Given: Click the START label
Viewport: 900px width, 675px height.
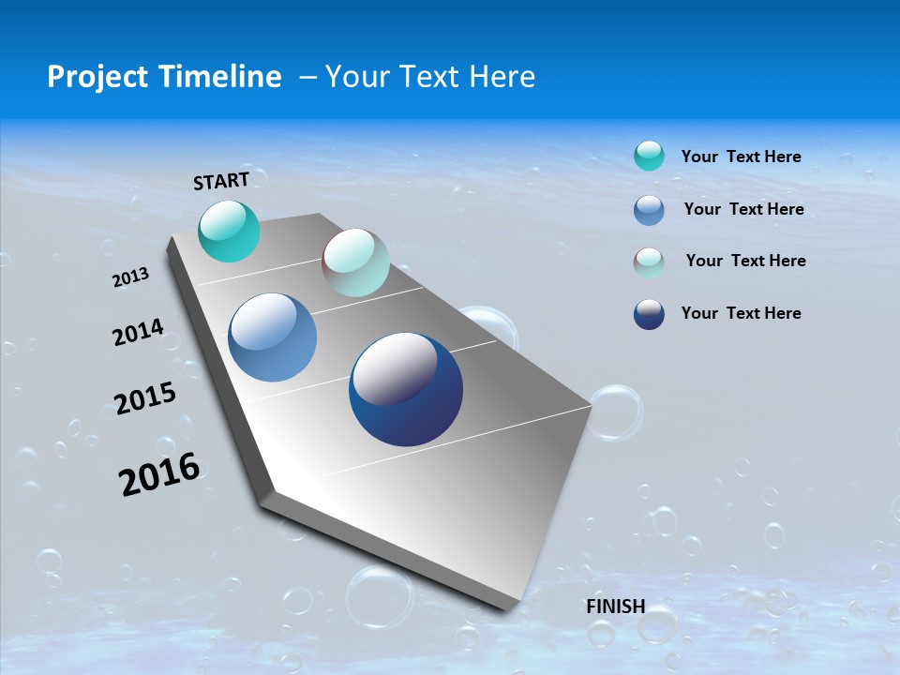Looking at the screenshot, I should pyautogui.click(x=221, y=181).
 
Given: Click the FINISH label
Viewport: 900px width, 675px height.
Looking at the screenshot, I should pyautogui.click(x=615, y=606).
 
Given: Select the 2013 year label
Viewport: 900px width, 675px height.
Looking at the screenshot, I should pyautogui.click(x=131, y=277).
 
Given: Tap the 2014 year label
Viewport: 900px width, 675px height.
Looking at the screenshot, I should pyautogui.click(x=138, y=332).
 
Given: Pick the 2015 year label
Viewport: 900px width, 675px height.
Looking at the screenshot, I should pyautogui.click(x=145, y=398).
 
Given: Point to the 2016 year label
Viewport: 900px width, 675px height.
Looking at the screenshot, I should pyautogui.click(x=159, y=474).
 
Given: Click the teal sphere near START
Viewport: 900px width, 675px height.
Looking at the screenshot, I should pyautogui.click(x=229, y=232).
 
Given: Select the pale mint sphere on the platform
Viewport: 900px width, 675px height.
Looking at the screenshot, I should pyautogui.click(x=355, y=262).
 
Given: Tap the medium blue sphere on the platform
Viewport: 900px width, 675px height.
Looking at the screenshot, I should pyautogui.click(x=272, y=337).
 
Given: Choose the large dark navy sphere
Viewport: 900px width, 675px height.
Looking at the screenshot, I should pyautogui.click(x=405, y=389).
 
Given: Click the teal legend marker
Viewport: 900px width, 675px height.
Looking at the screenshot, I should pyautogui.click(x=649, y=157).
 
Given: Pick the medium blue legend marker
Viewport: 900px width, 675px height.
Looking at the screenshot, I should pyautogui.click(x=649, y=209).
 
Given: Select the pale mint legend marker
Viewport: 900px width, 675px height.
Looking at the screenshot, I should pyautogui.click(x=649, y=262).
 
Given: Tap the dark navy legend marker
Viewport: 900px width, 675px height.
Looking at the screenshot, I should pyautogui.click(x=649, y=314).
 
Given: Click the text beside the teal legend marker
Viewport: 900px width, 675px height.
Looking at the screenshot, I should pyautogui.click(x=741, y=157).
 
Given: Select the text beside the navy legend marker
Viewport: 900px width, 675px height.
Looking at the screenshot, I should pyautogui.click(x=741, y=313).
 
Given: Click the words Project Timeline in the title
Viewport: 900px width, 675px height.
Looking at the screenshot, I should pyautogui.click(x=164, y=77).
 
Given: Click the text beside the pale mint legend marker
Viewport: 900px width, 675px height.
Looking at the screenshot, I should pyautogui.click(x=745, y=261).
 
